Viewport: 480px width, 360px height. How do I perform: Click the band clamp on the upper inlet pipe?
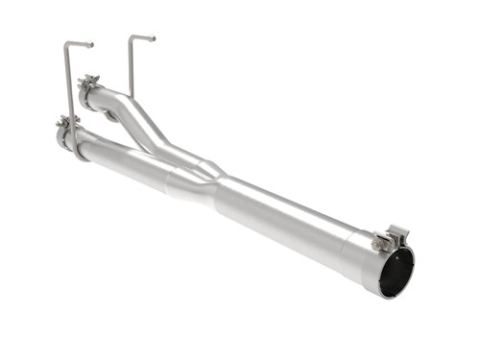click(x=90, y=90)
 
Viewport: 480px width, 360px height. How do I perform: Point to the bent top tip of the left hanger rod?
click(x=88, y=44)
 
